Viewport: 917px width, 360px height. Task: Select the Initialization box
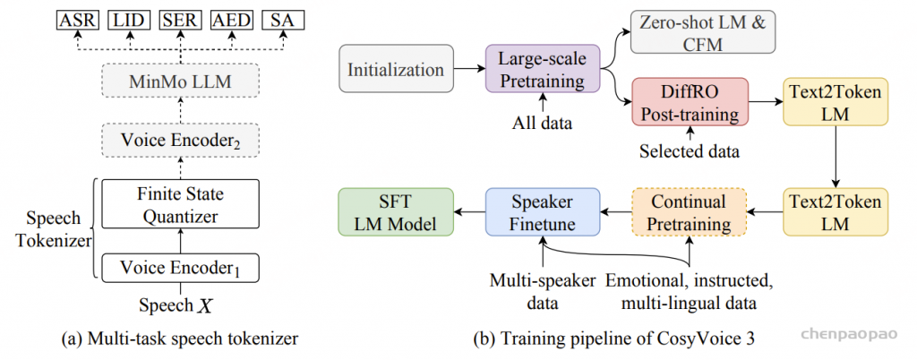tap(395, 70)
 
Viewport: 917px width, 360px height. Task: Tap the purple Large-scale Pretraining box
tap(541, 70)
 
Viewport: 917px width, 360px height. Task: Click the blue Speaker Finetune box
tap(542, 212)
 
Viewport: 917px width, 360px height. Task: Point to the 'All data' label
tap(541, 118)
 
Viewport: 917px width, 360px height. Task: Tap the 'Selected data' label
tap(689, 150)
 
